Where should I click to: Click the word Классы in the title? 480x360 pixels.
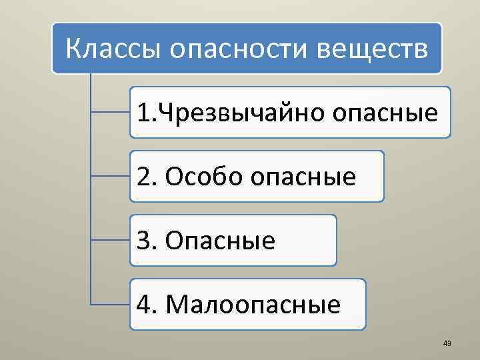click(107, 49)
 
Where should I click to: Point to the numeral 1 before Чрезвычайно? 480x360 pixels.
click(142, 113)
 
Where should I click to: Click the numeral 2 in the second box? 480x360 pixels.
click(142, 177)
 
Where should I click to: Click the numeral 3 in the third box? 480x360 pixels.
click(142, 241)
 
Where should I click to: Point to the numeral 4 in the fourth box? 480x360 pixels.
click(142, 305)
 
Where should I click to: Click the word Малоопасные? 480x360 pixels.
click(253, 305)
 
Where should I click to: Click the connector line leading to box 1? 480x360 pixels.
click(110, 113)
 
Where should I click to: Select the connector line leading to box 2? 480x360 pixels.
click(110, 177)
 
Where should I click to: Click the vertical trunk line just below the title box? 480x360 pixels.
click(90, 83)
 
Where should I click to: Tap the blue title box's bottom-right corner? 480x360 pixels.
click(440, 71)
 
